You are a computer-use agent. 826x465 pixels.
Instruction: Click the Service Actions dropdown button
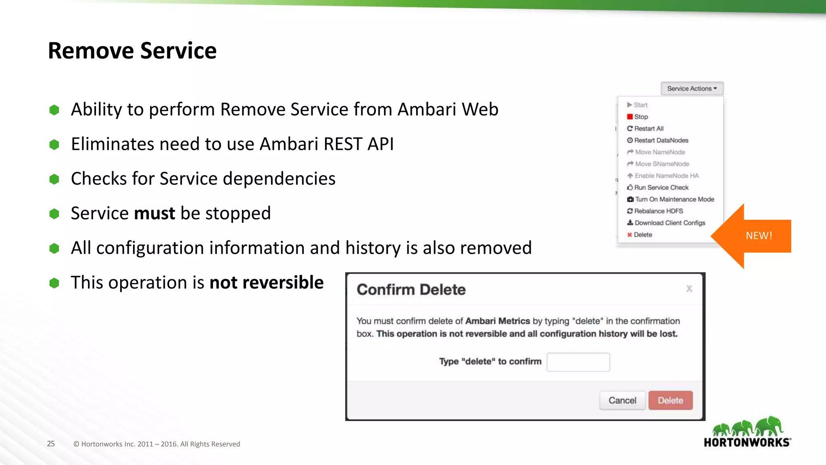692,88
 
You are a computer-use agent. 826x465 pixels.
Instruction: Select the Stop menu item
640,117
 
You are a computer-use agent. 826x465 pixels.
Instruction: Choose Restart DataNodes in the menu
661,140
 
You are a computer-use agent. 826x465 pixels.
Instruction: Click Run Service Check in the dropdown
661,187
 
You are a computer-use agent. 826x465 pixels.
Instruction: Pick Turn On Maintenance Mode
674,199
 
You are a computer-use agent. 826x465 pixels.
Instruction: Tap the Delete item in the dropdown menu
642,235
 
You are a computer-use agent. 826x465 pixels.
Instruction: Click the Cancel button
622,400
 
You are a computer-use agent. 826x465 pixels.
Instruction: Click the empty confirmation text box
578,362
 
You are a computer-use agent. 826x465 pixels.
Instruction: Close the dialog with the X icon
689,289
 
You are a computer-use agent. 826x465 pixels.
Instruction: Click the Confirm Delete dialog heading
411,290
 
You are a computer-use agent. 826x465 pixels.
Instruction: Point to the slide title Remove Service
132,51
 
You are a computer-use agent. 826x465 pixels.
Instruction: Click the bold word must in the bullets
154,213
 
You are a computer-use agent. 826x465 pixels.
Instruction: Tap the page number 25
51,444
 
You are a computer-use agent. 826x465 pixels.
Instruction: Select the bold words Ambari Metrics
497,321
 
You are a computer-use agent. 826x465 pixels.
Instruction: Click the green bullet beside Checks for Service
54,179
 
